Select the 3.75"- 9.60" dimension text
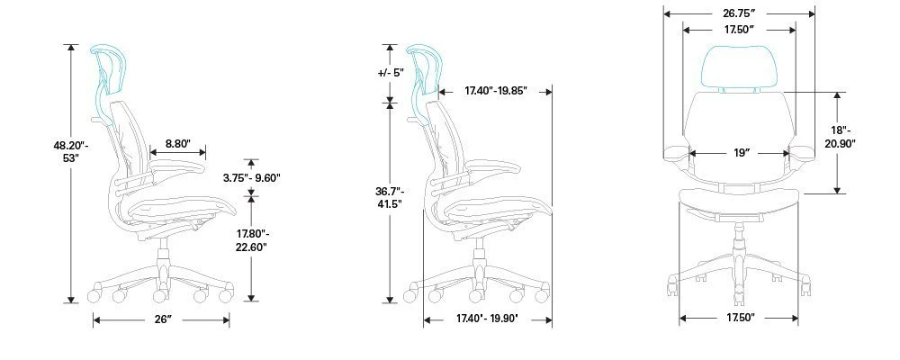(x=252, y=177)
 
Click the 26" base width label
(x=161, y=319)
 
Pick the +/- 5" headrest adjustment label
(x=390, y=73)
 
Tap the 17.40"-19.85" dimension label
(x=495, y=91)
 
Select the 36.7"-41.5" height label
(x=389, y=197)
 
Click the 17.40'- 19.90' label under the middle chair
(x=486, y=318)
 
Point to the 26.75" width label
(x=738, y=13)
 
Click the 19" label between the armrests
(x=742, y=153)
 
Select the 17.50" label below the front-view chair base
(x=738, y=318)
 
